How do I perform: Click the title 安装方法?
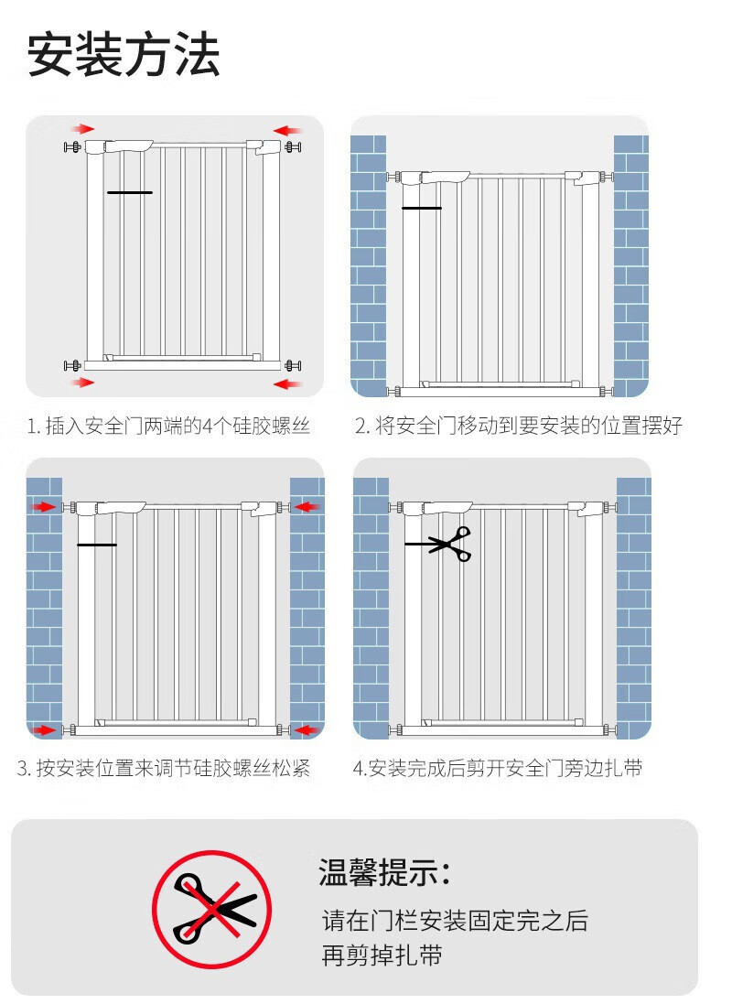coord(124,55)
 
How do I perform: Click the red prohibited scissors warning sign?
coord(212,909)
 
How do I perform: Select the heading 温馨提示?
coord(384,872)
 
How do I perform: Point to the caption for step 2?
coord(519,426)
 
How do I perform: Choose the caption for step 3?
coord(164,768)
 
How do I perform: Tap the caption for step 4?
coord(498,768)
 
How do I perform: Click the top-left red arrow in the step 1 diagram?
coord(82,129)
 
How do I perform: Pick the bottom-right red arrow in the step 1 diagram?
coord(287,384)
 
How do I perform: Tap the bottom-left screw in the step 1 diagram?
coord(73,365)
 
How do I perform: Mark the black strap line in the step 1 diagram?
coord(130,192)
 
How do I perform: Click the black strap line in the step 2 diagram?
coord(422,208)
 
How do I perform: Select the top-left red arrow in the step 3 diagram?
coord(44,507)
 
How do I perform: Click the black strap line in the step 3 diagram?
coord(97,545)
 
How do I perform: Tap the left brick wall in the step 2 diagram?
coord(368,265)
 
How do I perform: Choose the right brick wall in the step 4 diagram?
coord(633,609)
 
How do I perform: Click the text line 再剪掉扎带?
coord(382,955)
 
